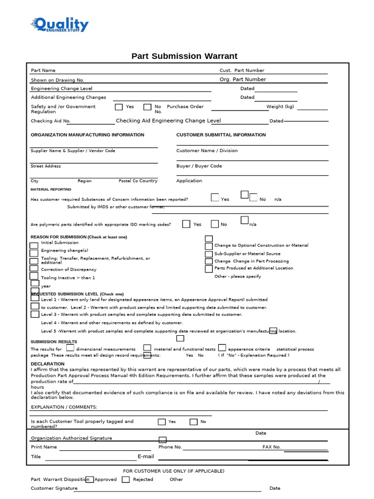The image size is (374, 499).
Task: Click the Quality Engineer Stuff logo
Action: (x=59, y=25)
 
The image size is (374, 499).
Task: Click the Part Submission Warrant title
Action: (x=185, y=56)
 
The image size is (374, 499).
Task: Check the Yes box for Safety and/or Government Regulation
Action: (x=119, y=107)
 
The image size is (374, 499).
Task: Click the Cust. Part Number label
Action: (x=242, y=71)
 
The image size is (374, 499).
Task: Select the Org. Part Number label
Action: (x=243, y=79)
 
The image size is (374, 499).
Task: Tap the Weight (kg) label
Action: (x=280, y=107)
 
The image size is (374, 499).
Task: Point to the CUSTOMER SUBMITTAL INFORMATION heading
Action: (x=221, y=135)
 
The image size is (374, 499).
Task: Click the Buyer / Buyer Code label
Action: (x=199, y=166)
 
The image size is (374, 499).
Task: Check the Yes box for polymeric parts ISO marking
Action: (x=186, y=224)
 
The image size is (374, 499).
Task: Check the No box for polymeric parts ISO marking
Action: (x=215, y=224)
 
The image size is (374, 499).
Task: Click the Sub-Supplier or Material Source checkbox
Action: (x=209, y=254)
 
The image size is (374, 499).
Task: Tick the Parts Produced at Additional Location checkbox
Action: (x=209, y=269)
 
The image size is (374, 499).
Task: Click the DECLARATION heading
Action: (x=48, y=364)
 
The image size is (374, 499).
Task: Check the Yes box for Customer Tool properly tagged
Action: (x=162, y=422)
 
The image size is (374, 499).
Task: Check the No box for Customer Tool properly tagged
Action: (x=194, y=422)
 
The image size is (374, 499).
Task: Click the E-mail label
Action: (x=146, y=457)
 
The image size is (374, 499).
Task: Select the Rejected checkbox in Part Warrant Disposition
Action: (x=126, y=480)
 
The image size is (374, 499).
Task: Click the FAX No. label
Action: (x=271, y=447)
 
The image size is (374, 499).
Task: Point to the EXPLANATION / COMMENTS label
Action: (x=64, y=407)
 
